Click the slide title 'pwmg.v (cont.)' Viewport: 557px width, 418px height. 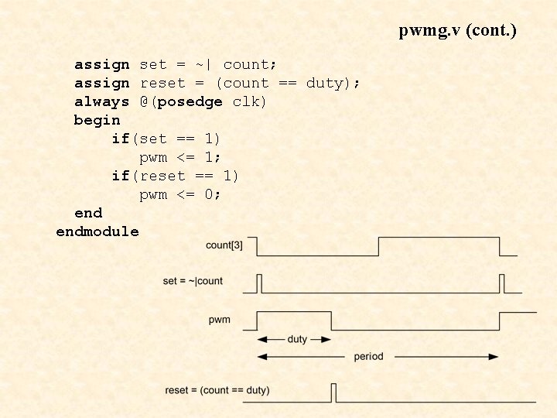click(x=457, y=31)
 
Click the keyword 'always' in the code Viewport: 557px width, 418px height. click(x=101, y=101)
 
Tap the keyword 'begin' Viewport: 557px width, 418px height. click(x=97, y=120)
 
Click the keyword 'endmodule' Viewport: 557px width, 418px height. click(x=97, y=231)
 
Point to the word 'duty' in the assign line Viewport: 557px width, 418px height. click(x=324, y=83)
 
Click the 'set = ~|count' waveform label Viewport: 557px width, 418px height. click(x=193, y=281)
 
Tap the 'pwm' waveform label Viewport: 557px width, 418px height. click(x=219, y=320)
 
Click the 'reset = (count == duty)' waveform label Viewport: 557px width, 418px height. click(x=217, y=390)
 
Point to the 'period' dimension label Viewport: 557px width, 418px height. click(x=368, y=357)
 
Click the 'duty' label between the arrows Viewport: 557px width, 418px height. click(x=297, y=339)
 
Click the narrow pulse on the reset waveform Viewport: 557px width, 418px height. click(x=333, y=392)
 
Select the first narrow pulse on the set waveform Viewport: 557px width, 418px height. click(x=259, y=283)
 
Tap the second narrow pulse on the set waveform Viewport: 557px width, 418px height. click(x=501, y=283)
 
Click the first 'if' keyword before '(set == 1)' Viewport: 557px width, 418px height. click(x=120, y=139)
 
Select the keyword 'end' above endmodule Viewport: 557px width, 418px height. click(x=88, y=213)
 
